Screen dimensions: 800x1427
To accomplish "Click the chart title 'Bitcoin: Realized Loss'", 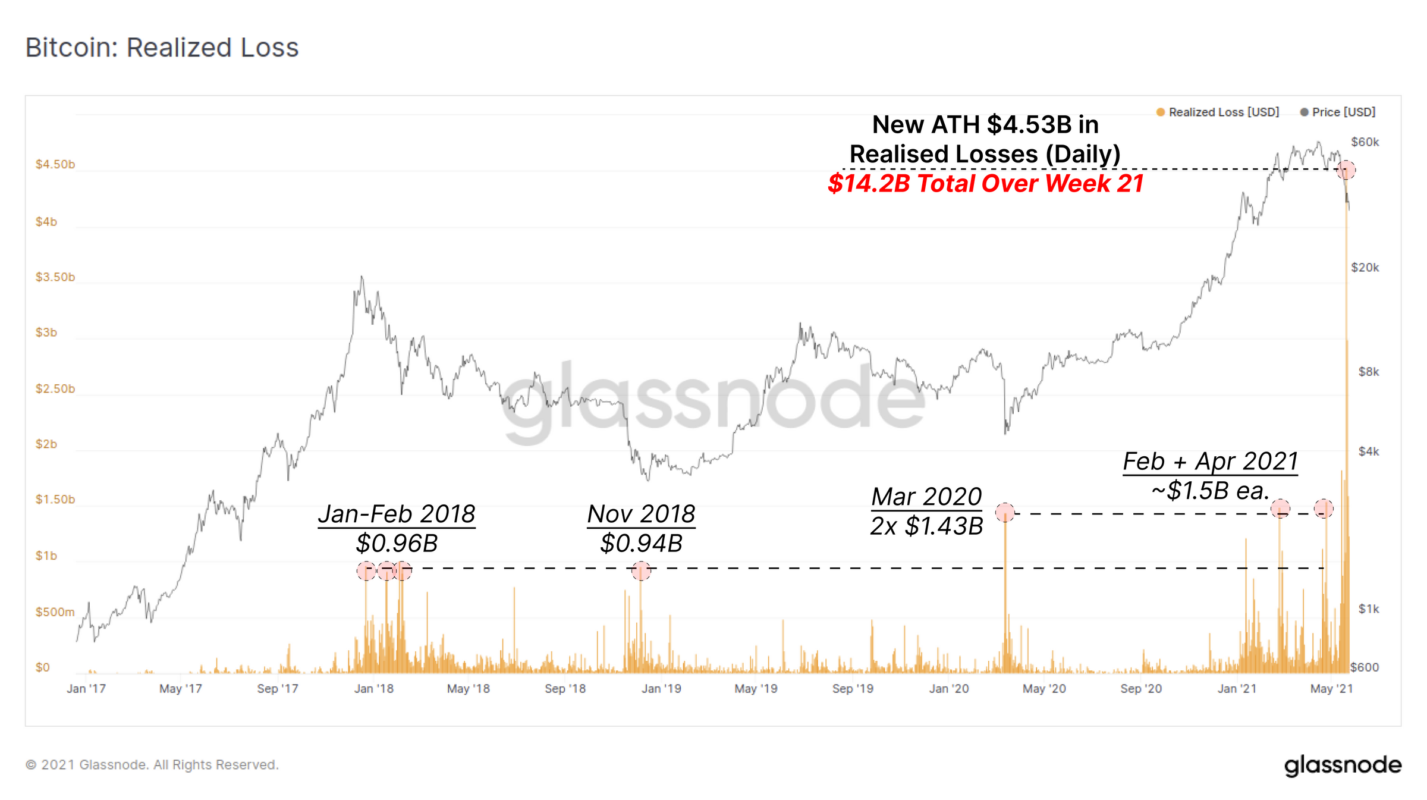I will point(162,48).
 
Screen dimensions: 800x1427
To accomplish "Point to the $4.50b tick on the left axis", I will point(55,164).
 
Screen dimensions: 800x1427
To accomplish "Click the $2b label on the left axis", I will point(46,444).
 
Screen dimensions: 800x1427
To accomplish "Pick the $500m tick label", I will point(55,612).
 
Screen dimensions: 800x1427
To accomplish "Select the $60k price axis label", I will point(1365,142).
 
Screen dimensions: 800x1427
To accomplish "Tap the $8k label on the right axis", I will point(1368,372).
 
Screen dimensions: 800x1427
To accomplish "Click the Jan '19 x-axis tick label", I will point(661,689).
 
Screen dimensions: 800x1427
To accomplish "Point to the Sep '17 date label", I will point(277,689).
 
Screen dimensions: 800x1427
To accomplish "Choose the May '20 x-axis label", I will point(1044,689).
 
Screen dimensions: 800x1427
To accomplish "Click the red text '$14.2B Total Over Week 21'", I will point(985,183).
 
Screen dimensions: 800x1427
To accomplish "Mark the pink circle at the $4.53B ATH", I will point(1346,170).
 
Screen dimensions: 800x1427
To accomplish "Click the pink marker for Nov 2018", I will point(641,571).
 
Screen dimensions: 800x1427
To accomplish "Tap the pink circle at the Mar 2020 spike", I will point(1005,512).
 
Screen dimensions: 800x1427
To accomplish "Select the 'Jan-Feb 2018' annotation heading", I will point(397,514).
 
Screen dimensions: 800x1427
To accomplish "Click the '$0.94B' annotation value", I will point(641,543).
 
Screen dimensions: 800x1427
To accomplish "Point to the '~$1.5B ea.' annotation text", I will point(1210,491).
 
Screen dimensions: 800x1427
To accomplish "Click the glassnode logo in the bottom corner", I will point(1343,765).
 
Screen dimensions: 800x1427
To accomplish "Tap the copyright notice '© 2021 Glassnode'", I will point(152,765).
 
